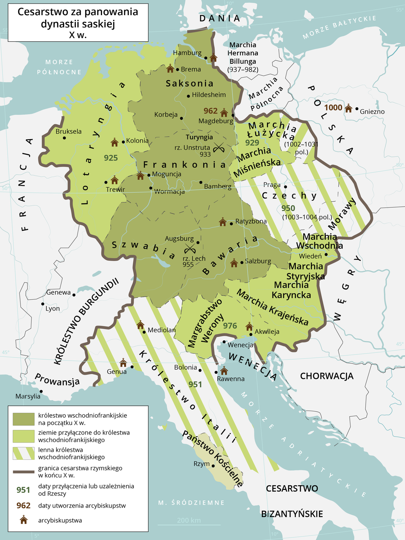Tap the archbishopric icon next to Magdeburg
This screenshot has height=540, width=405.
[x=224, y=112]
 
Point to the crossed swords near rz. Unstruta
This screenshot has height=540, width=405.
[x=219, y=147]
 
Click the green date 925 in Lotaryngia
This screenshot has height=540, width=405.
[x=111, y=158]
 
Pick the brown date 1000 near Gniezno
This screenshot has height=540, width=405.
[x=333, y=108]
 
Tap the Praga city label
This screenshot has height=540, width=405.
[x=272, y=185]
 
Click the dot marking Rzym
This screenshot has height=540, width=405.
[x=213, y=466]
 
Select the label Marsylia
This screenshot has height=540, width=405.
[x=28, y=396]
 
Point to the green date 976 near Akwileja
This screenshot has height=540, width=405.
[x=230, y=326]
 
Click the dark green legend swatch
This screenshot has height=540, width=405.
[x=24, y=419]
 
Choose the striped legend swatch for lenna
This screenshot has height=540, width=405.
[x=24, y=453]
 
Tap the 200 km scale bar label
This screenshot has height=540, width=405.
[x=189, y=520]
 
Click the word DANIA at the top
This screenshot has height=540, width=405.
[x=219, y=18]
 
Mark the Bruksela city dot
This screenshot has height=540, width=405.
[x=65, y=138]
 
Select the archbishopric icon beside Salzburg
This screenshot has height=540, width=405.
[x=234, y=263]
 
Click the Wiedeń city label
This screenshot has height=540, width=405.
[x=310, y=256]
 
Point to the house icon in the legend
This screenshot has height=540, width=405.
[x=24, y=520]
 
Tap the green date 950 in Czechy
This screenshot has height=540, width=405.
[x=288, y=208]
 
